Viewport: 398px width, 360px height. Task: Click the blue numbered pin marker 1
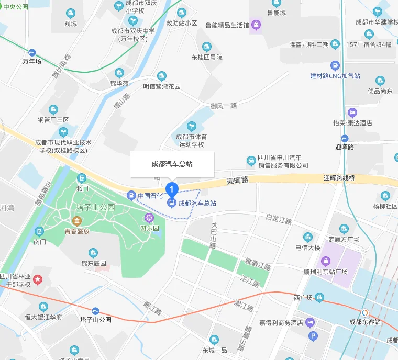pos(171,189)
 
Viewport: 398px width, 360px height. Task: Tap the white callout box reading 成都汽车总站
pos(172,164)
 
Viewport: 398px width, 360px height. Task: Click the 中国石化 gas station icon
pos(131,196)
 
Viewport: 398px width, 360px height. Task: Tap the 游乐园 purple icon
pos(149,218)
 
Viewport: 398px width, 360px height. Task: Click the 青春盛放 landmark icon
pos(77,220)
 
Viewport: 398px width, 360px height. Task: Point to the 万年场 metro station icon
pos(32,52)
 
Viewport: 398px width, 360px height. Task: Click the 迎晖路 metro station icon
pos(344,138)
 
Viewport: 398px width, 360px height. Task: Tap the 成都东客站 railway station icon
pos(365,312)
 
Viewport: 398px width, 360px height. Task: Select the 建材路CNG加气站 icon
pos(335,65)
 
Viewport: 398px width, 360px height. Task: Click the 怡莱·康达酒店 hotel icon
pos(352,113)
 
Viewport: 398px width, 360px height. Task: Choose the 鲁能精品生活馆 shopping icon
pos(256,24)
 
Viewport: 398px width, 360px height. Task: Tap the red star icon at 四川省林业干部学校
pos(38,280)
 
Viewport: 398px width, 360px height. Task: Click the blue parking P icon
pos(313,336)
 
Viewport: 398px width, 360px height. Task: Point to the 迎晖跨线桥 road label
pos(339,178)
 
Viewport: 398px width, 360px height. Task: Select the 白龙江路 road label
pos(278,220)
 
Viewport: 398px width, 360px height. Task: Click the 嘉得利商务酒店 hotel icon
pos(310,323)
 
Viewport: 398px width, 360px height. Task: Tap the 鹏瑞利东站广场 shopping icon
pos(325,261)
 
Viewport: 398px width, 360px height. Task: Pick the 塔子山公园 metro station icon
pos(95,311)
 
